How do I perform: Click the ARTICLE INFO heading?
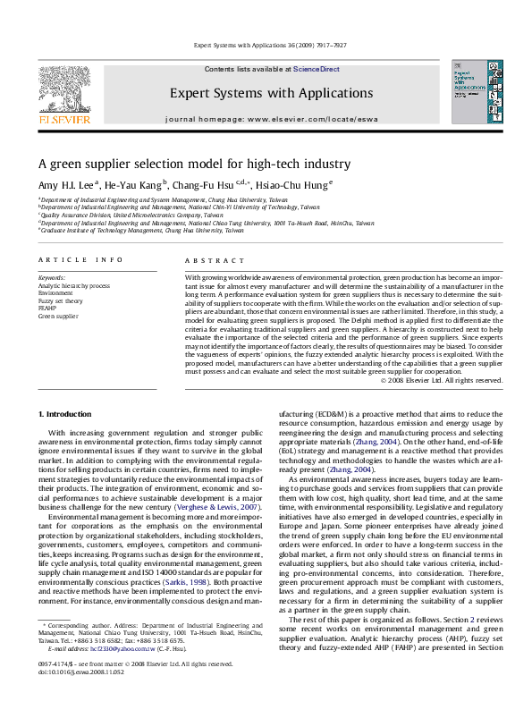click(80, 260)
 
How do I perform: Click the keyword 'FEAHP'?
click(48, 309)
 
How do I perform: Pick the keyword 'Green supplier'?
click(59, 317)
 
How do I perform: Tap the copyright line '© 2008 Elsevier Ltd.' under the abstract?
click(441, 380)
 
